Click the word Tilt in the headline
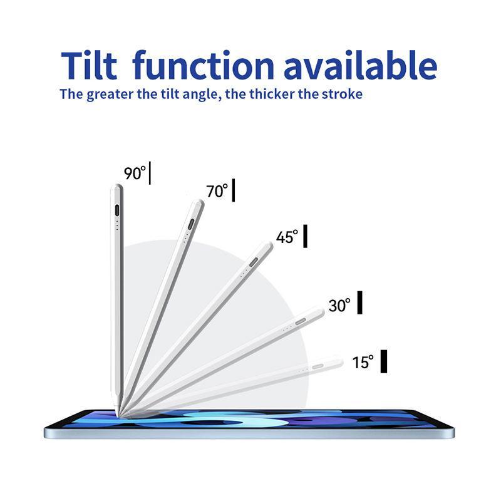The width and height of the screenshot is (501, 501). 89,65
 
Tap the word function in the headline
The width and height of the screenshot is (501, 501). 203,65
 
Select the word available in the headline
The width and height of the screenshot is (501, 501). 360,65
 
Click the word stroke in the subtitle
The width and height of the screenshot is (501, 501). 342,95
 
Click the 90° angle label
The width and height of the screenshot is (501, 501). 135,173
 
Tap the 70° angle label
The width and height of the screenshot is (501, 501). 217,191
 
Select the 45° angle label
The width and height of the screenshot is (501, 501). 287,237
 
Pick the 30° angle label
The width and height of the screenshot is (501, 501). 339,305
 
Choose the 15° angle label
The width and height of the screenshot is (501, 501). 363,362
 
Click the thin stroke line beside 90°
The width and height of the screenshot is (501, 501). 150,173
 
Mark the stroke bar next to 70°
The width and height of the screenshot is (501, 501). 234,190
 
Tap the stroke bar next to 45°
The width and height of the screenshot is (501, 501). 306,236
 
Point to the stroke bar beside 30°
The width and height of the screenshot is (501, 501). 359,302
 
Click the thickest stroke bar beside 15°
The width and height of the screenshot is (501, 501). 384,361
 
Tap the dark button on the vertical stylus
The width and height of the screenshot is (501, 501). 117,211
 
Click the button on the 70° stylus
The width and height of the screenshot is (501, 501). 191,224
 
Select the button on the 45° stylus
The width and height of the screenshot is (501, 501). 254,262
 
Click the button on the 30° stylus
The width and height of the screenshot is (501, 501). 301,322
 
